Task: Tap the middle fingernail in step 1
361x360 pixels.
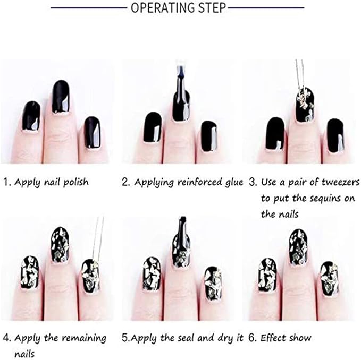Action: coord(61,97)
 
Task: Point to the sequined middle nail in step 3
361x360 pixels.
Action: coord(305,105)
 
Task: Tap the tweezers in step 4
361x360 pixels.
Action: coord(98,239)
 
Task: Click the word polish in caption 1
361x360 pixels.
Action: coord(75,182)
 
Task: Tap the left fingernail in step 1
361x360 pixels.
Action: coord(31,117)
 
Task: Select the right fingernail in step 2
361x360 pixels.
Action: coord(209,136)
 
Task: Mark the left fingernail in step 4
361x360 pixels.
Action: coord(30,272)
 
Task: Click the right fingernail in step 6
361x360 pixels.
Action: coord(330,279)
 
